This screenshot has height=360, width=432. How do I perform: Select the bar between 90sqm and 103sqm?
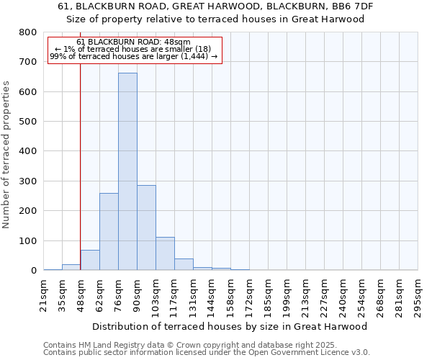pos(146,228)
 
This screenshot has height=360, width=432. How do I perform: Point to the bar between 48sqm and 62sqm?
pos(90,260)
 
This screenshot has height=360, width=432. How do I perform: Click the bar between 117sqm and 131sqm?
pos(184,264)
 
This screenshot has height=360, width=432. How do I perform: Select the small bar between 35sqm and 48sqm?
pos(71,267)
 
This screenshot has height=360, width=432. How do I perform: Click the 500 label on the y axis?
pos(27,122)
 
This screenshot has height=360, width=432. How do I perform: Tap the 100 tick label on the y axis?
pos(27,241)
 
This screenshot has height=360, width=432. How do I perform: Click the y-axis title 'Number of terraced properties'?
pos(6,154)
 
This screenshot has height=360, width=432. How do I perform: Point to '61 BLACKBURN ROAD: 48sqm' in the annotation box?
pos(133,42)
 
